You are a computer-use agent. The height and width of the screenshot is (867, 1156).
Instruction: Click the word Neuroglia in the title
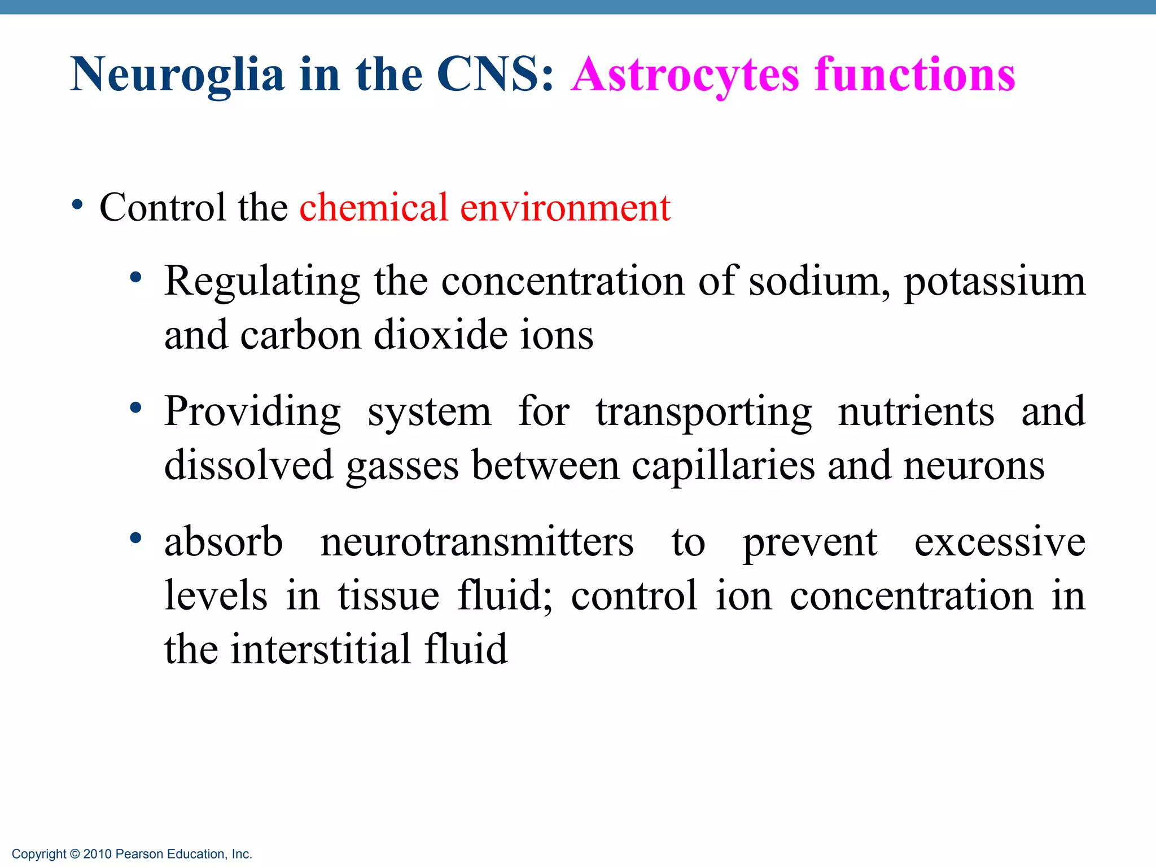point(177,75)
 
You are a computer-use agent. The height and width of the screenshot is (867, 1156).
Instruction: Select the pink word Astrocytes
point(685,75)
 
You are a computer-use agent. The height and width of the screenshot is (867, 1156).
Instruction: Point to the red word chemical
point(374,208)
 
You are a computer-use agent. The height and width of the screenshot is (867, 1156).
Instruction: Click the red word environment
point(565,208)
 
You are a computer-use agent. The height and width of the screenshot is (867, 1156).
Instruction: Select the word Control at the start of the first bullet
point(162,208)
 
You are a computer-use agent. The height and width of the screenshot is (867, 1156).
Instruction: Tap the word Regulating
point(262,281)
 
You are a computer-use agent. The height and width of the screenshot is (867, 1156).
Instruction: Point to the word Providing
point(252,412)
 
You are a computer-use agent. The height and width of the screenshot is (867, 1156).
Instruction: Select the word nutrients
point(916,412)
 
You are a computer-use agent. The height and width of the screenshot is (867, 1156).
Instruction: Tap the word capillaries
point(723,466)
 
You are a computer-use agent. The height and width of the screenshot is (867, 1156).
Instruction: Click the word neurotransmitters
point(477,542)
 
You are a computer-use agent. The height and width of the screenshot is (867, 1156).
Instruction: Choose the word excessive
point(1000,542)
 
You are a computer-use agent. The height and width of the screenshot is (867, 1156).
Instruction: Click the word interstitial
point(321,649)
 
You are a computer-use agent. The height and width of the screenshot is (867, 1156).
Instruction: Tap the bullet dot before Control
point(78,205)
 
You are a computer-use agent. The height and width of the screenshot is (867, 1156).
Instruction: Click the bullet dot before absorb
point(135,538)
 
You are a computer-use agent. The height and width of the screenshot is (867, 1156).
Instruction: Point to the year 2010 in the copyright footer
point(97,854)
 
